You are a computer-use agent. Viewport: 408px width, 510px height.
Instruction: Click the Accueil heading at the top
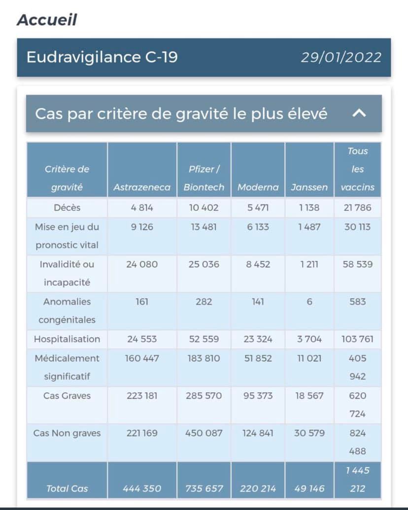point(47,20)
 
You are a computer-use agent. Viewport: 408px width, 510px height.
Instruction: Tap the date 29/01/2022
point(341,57)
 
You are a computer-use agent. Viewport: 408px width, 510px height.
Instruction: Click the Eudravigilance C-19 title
point(102,57)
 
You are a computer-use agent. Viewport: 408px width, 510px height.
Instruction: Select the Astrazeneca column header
point(142,187)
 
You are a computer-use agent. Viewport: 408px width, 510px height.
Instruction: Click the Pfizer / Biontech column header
point(204,178)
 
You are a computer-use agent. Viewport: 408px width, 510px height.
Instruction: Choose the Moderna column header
point(258,187)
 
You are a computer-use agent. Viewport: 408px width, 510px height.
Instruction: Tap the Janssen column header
point(309,187)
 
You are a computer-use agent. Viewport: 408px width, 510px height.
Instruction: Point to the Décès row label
point(67,208)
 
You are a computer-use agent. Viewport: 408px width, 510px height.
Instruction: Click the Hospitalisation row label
point(67,339)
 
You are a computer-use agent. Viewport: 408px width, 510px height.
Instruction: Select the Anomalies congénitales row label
point(67,310)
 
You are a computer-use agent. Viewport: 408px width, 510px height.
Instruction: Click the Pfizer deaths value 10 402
point(204,208)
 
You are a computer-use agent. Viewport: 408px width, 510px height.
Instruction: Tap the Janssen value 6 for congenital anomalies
point(309,302)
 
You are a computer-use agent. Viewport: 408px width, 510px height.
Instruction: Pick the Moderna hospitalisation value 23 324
point(258,339)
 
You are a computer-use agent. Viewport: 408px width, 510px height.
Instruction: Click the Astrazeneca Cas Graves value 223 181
point(142,396)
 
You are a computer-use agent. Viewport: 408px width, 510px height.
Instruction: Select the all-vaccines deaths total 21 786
point(358,208)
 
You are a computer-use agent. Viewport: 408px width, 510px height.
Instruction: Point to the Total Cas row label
point(67,489)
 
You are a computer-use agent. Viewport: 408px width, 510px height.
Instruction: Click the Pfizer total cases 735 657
point(204,489)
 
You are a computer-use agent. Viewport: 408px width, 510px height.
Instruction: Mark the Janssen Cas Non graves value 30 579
point(309,433)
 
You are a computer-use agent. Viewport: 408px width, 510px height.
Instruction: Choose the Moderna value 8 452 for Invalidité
point(258,264)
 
